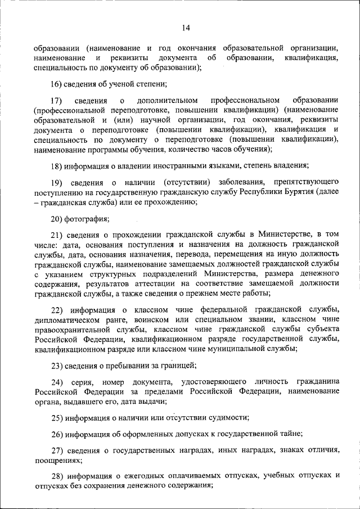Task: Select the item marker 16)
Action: point(57,84)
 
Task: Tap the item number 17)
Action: point(57,100)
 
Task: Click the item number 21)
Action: point(57,235)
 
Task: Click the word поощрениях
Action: point(56,460)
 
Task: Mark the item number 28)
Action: point(57,475)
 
